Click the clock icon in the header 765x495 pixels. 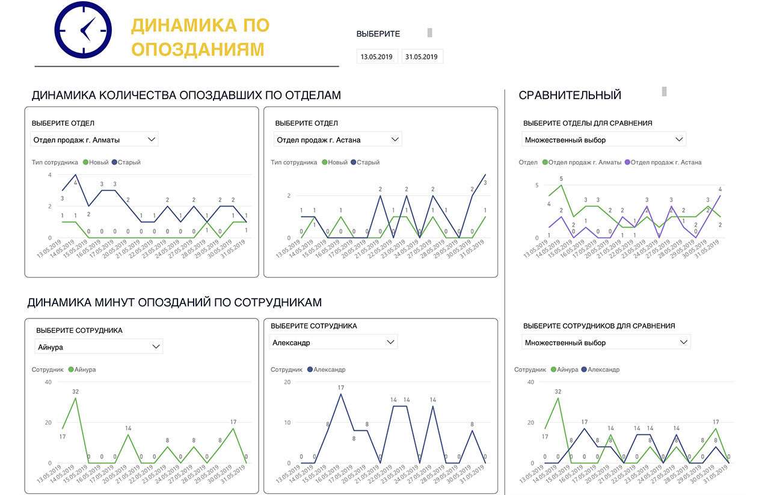pos(83,29)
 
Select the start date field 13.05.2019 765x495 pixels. pos(376,57)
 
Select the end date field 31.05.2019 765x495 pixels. pos(422,57)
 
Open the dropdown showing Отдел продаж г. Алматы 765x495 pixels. pos(94,140)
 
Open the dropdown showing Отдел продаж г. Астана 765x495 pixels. pos(337,140)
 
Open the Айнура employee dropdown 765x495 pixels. pos(99,347)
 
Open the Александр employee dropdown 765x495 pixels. pos(333,342)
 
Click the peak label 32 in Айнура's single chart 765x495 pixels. pos(76,392)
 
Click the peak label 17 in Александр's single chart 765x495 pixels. pos(340,387)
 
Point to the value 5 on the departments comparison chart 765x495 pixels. pos(561,179)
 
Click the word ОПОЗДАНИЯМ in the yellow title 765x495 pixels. pos(198,49)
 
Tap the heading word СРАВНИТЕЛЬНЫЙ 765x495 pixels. pos(570,95)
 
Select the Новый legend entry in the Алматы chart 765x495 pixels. pos(97,162)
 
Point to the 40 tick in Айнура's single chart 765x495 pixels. pos(48,382)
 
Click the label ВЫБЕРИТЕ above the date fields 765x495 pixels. pos(378,34)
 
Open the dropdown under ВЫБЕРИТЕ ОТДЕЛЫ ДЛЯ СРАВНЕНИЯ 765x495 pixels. pos(604,140)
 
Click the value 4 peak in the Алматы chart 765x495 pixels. pos(76,183)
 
